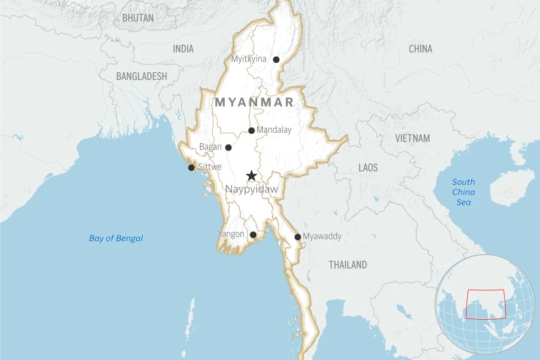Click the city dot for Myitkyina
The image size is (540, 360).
276,60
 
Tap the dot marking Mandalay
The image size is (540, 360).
251,131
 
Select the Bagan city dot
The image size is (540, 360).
228,147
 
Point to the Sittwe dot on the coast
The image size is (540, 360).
191,168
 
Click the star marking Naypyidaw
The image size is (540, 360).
251,176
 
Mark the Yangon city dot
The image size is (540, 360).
253,235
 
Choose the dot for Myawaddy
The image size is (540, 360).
298,237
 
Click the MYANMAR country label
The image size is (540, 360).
254,102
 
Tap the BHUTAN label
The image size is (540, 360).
138,18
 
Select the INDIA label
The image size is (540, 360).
183,49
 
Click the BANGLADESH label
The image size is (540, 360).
141,77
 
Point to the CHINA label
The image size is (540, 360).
420,49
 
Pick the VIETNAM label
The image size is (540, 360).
412,138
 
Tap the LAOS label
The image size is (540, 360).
368,167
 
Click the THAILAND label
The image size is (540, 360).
348,265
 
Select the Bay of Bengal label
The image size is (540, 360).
116,238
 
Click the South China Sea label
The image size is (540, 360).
463,192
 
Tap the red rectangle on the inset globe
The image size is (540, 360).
485,304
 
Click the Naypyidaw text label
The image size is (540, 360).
251,190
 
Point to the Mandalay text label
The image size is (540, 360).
274,130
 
